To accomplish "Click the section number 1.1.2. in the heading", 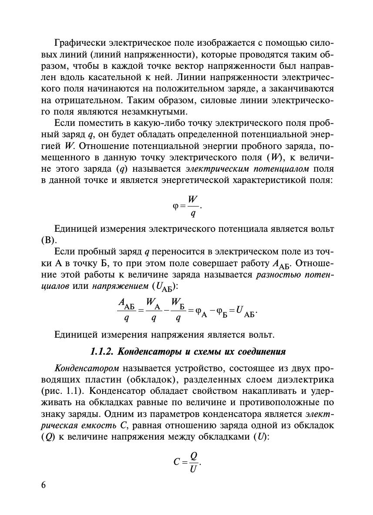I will pos(103,352).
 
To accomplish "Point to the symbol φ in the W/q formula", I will pos(176,206).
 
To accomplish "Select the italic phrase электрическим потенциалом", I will pos(247,168).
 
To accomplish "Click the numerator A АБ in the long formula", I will pos(126,303).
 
